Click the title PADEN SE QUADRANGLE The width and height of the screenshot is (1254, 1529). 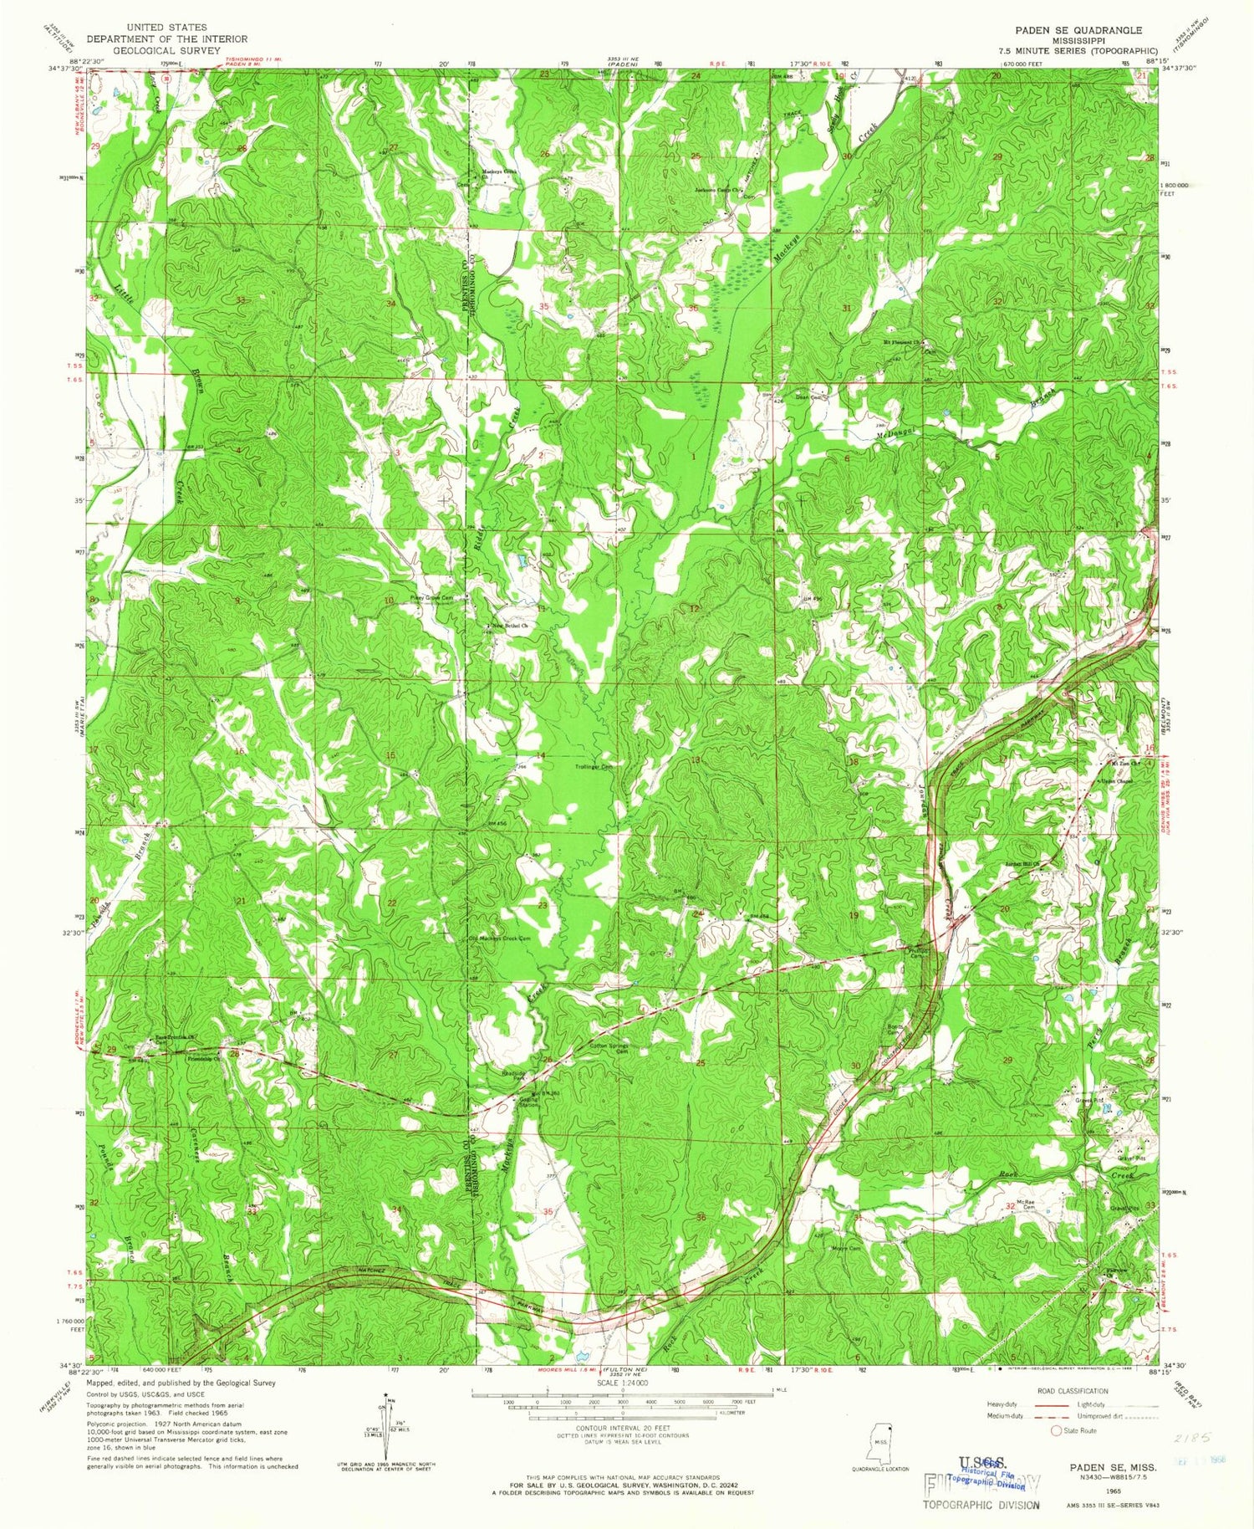pyautogui.click(x=1078, y=30)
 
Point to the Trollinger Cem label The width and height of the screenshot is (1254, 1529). pyautogui.click(x=594, y=766)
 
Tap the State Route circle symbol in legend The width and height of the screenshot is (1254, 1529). pyautogui.click(x=1055, y=1430)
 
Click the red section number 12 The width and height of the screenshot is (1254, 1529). pyautogui.click(x=694, y=608)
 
